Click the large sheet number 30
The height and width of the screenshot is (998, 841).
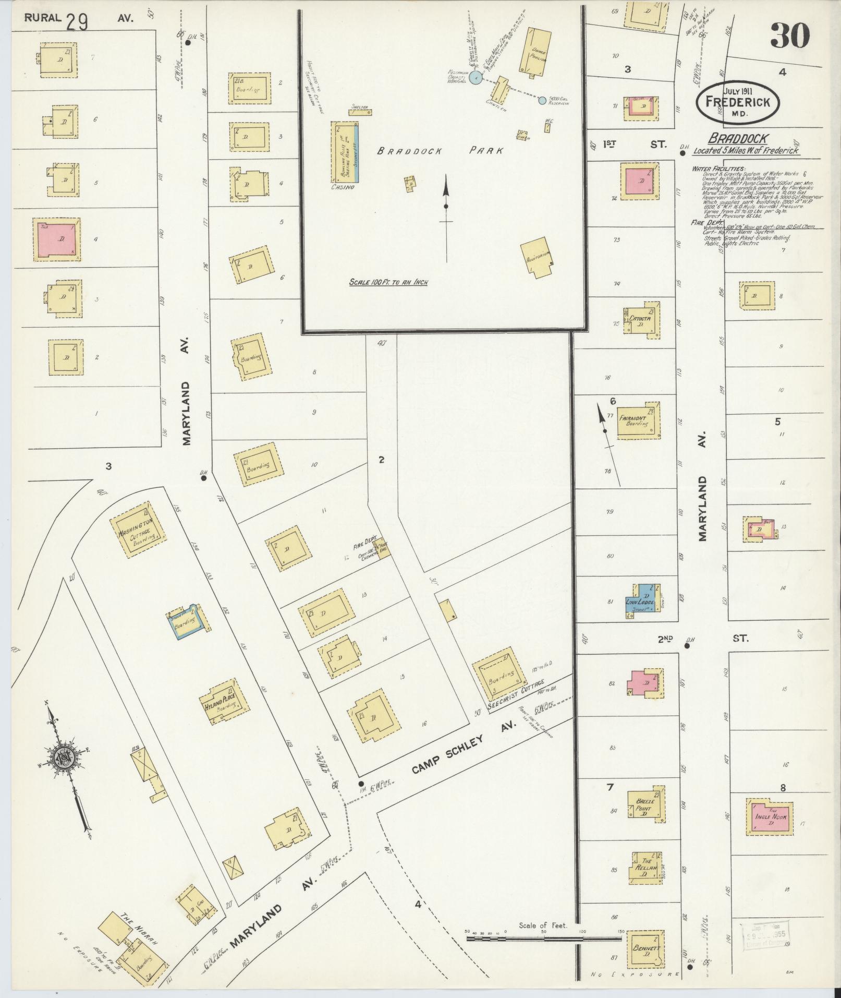coord(789,36)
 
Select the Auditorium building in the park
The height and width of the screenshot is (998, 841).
coord(537,257)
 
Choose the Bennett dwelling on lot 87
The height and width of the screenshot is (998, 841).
coord(644,948)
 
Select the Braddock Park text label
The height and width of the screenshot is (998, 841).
coord(440,151)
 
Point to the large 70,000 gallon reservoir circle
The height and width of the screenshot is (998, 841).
coord(475,78)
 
